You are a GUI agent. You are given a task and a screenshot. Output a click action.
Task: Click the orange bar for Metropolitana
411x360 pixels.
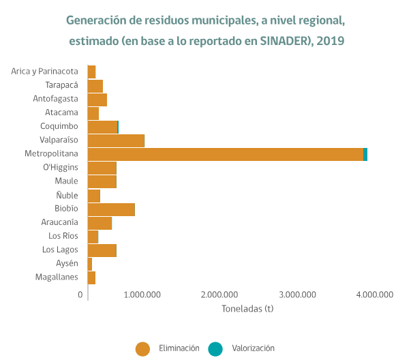coord(225,154)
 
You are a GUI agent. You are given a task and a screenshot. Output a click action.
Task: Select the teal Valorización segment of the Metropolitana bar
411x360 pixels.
coord(365,154)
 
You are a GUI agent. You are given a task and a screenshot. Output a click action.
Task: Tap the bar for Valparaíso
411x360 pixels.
coord(116,140)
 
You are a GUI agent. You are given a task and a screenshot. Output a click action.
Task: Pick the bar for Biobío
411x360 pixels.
coord(111,209)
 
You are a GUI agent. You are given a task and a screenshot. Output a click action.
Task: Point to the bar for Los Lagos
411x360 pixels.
coord(102,250)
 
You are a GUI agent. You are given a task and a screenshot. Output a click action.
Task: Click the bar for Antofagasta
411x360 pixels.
coord(97,100)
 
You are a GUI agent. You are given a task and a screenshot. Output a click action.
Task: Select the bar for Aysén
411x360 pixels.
coord(90,264)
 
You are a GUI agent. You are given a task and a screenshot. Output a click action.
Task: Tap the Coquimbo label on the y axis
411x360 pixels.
coord(59,126)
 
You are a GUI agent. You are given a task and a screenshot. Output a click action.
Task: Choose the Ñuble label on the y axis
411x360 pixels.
coord(67,195)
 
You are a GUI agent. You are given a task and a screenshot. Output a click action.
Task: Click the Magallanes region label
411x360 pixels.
coord(57,277)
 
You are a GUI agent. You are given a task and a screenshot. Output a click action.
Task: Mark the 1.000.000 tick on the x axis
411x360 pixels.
coord(143,295)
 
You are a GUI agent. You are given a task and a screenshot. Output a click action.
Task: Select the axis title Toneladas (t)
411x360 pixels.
coord(247,308)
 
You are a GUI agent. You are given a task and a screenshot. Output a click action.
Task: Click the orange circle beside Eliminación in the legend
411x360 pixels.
coord(142,348)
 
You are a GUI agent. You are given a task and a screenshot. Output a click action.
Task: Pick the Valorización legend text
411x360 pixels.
coord(252,348)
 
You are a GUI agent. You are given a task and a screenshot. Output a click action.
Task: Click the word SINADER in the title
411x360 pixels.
coord(286,41)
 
